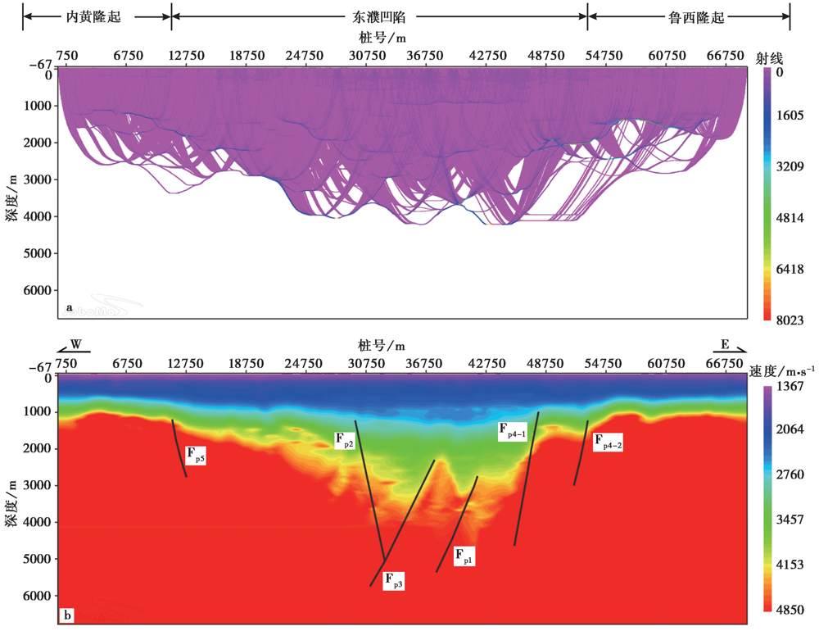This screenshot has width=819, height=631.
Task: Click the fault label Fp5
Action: click(195, 456)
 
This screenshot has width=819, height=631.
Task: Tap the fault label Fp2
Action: click(344, 441)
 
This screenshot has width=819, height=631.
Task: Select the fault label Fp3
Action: click(394, 582)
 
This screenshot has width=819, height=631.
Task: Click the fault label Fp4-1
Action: click(512, 431)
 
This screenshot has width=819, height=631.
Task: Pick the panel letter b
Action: click(68, 614)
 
